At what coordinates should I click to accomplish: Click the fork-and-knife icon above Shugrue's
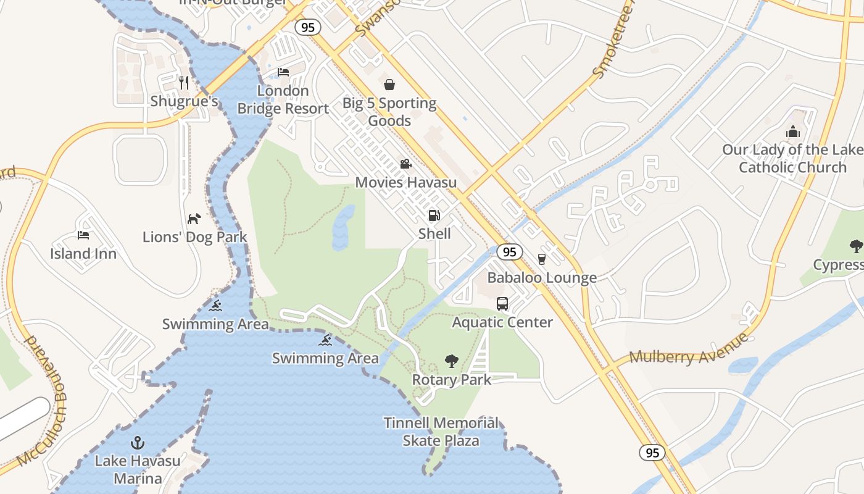tap(183, 83)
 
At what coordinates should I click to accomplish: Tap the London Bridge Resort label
tap(283, 100)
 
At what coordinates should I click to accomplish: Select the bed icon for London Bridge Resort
tap(283, 72)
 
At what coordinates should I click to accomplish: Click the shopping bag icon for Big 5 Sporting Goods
tap(389, 85)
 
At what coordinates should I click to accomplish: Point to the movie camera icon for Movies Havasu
tap(405, 164)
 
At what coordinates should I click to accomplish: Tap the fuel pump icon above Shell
tap(434, 216)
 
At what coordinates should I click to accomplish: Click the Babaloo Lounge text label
tap(542, 278)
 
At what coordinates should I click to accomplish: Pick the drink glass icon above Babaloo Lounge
tap(542, 259)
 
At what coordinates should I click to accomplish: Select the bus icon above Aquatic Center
tap(502, 304)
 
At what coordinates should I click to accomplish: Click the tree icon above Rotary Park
tap(452, 361)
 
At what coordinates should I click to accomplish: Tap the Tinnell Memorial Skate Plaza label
tap(441, 432)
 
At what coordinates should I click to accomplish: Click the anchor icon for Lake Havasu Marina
tap(138, 443)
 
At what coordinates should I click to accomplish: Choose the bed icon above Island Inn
tap(83, 235)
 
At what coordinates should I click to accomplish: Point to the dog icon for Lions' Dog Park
tap(194, 219)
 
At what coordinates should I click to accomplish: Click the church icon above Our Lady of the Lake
tap(793, 132)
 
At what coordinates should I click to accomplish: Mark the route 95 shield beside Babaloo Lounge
tap(509, 251)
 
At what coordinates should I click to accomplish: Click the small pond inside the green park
tap(343, 227)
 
